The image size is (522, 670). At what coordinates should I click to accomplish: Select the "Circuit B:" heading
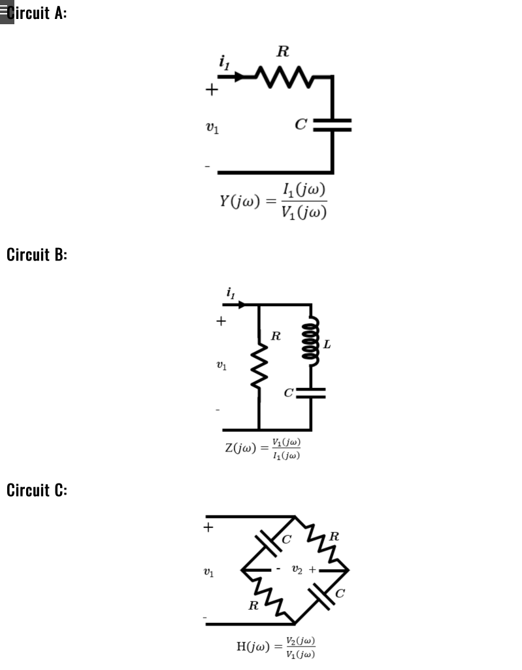coord(37,254)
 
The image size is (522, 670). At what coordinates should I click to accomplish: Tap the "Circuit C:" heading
coord(37,490)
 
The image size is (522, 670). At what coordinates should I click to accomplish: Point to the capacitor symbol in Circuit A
coord(332,124)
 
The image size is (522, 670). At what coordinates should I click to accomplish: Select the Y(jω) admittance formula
coord(273,202)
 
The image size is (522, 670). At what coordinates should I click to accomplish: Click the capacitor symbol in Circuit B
coord(310,393)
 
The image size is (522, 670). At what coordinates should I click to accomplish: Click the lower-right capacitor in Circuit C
coord(323,595)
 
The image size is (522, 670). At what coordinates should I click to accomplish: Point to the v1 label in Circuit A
coord(212,128)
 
